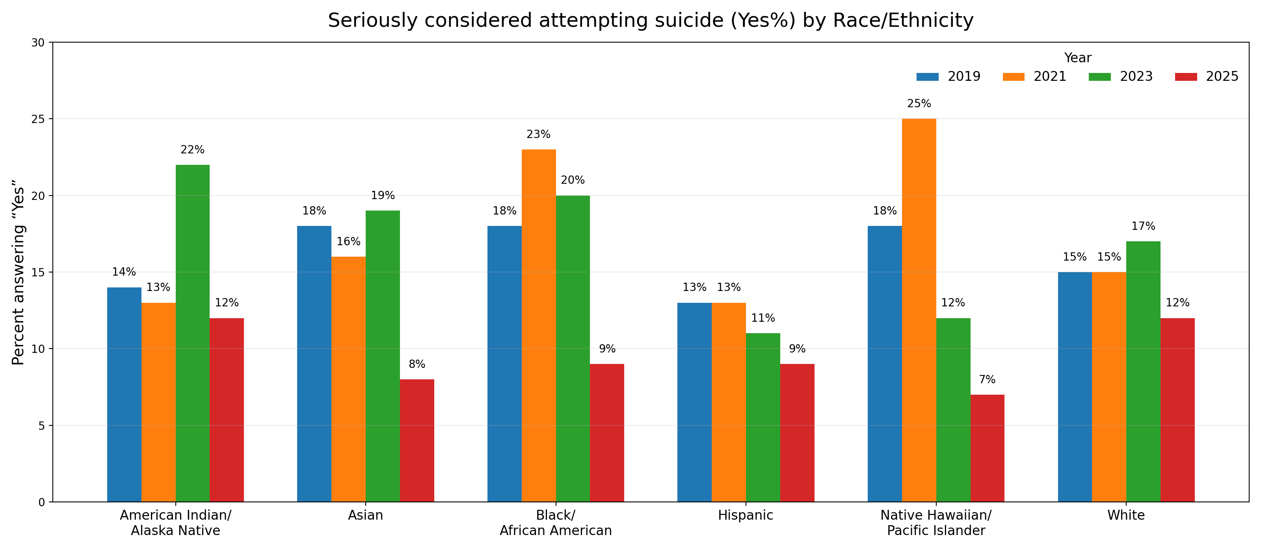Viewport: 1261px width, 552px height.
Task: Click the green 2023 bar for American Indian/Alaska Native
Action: click(192, 333)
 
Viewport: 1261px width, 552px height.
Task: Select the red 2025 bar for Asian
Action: click(417, 440)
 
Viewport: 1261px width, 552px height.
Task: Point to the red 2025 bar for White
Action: click(1177, 410)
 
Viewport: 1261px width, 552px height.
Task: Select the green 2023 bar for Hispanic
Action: click(763, 417)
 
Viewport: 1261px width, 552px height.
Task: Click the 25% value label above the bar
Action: click(919, 104)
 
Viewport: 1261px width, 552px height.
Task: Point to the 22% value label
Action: click(192, 150)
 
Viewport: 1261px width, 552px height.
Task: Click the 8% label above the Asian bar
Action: click(417, 364)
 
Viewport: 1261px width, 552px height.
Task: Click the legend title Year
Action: click(1077, 58)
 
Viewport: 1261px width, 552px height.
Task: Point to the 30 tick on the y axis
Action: click(38, 43)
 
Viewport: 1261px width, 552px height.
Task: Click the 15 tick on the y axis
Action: click(38, 273)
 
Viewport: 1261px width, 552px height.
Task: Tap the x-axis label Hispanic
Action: click(746, 515)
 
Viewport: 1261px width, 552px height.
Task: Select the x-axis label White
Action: click(1126, 515)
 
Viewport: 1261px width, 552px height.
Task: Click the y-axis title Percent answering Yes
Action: click(19, 272)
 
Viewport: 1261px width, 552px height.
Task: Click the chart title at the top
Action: click(651, 21)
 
